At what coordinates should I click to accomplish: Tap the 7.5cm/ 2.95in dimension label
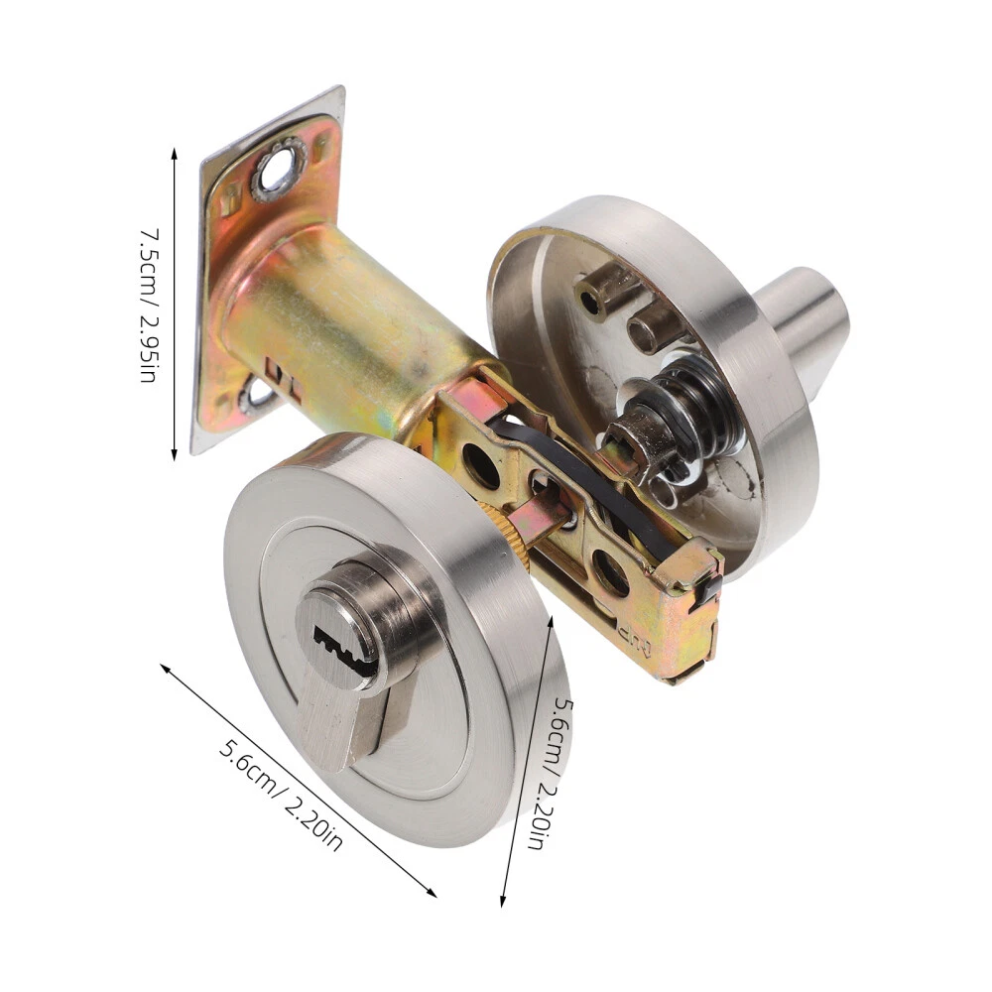(150, 305)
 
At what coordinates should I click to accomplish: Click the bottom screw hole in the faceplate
(257, 394)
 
